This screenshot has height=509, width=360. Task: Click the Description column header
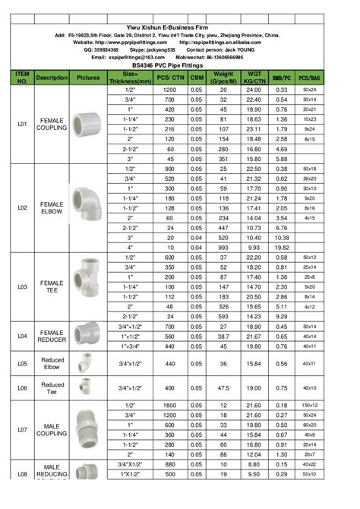[52, 77]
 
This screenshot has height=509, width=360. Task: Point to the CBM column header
[195, 77]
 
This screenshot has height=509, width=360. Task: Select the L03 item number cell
[22, 286]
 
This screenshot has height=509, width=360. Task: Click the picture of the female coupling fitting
[88, 122]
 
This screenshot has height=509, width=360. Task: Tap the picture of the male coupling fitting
[88, 429]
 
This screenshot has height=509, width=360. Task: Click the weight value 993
[223, 247]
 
